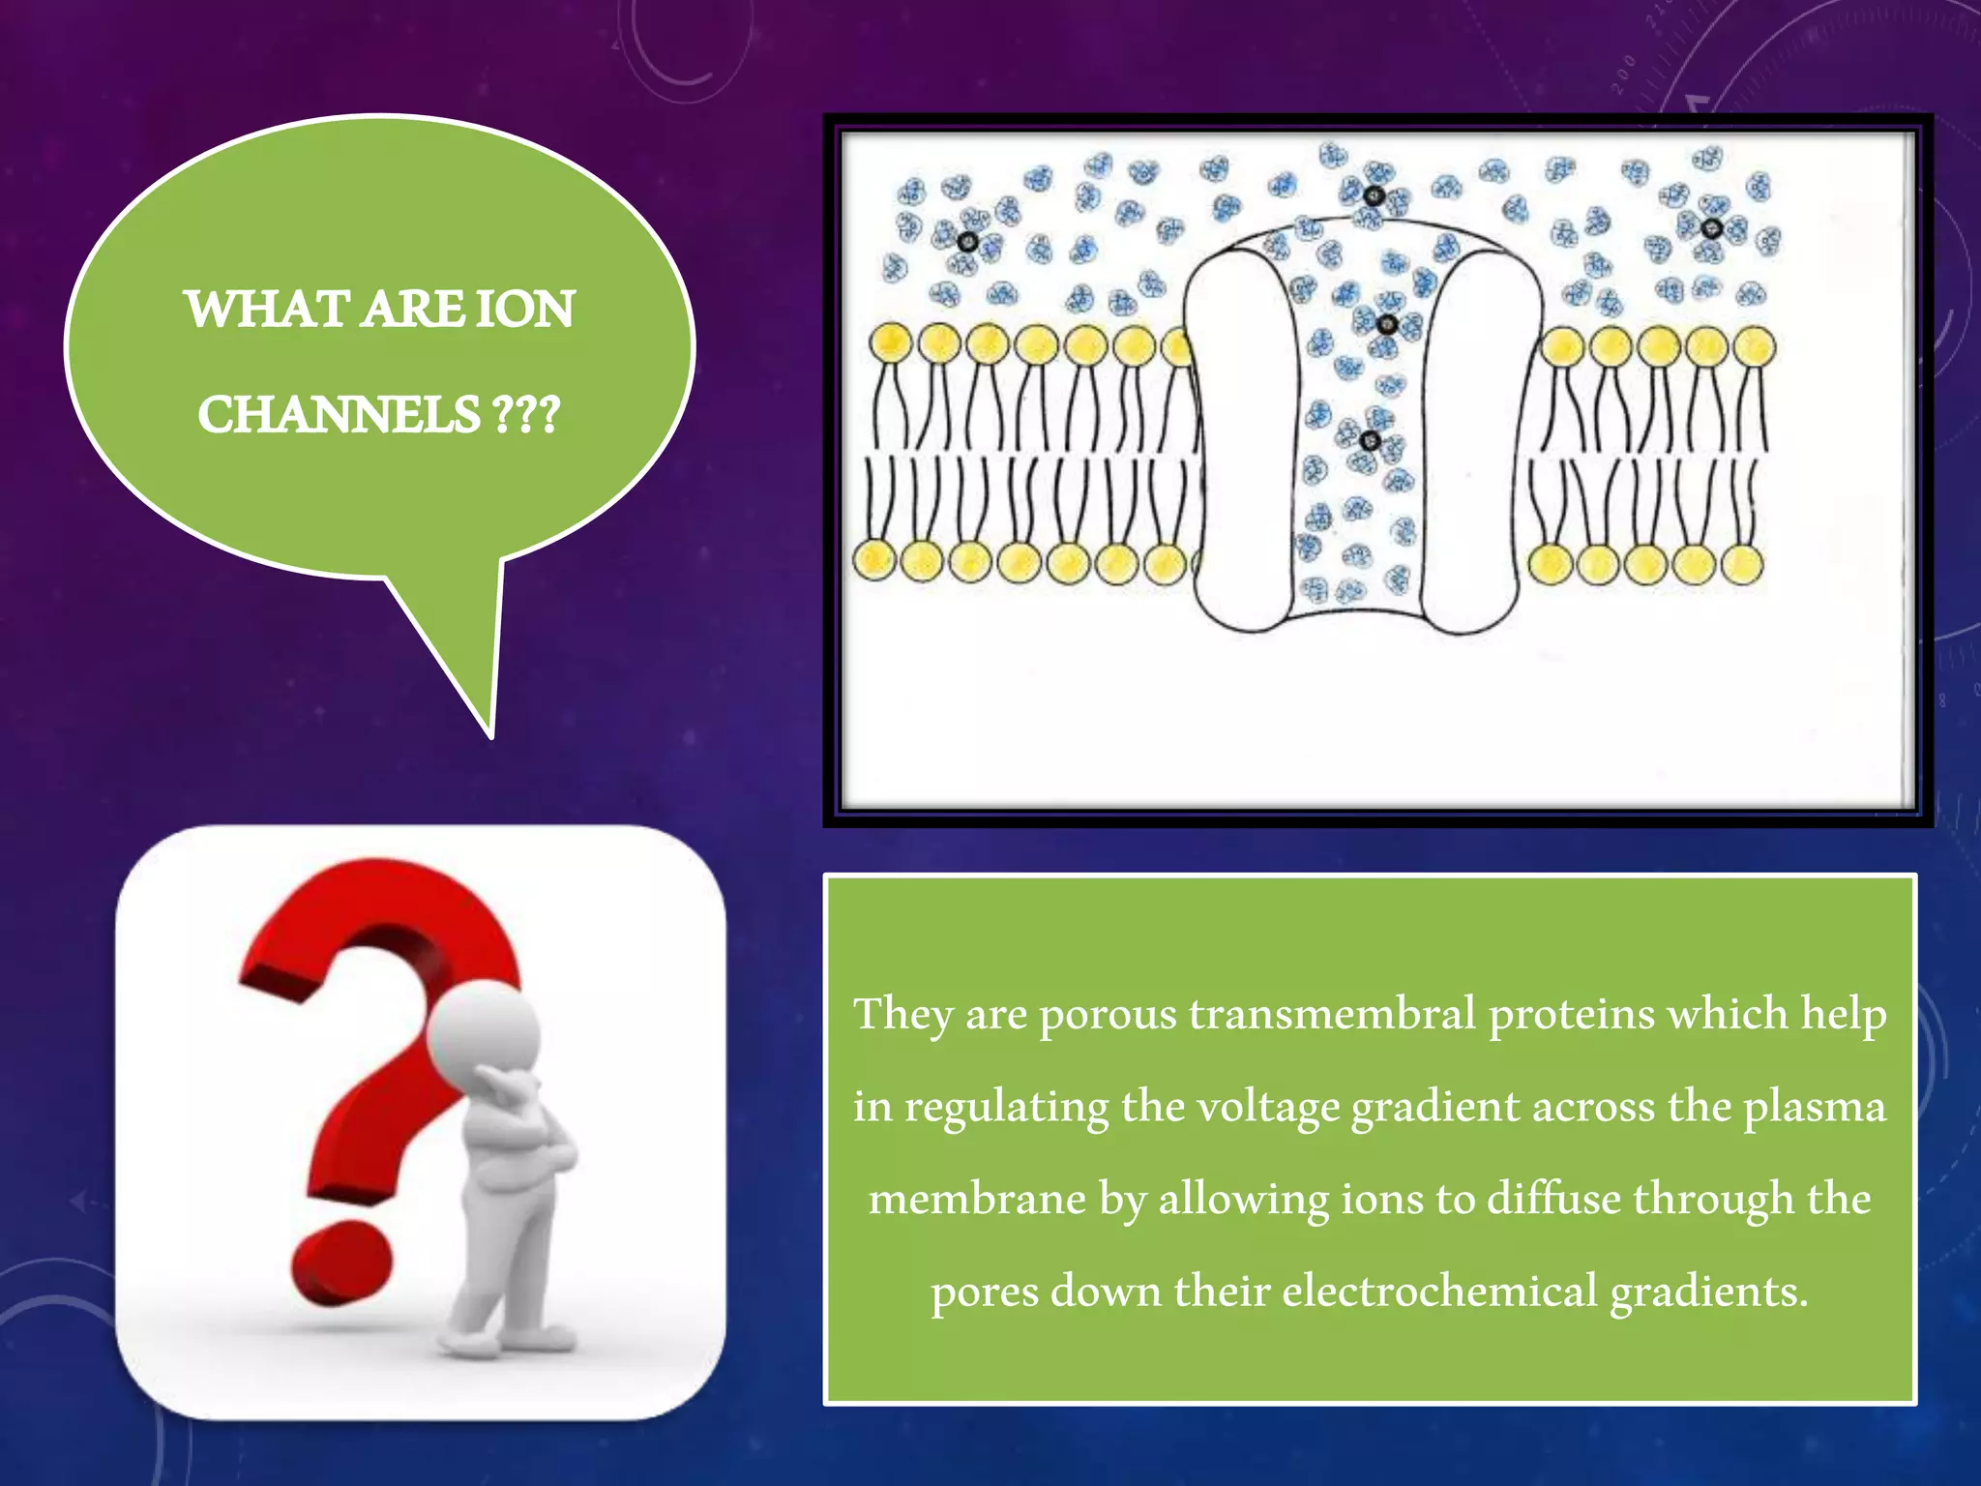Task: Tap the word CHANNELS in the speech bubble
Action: [339, 415]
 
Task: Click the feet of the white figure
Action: [503, 1340]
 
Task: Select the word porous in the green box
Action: [1108, 1015]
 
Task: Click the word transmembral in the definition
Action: [1333, 1014]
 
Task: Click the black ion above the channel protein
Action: [1374, 196]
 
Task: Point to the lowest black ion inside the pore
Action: [1370, 441]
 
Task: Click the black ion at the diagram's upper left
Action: [966, 241]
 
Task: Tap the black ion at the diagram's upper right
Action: [1710, 228]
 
